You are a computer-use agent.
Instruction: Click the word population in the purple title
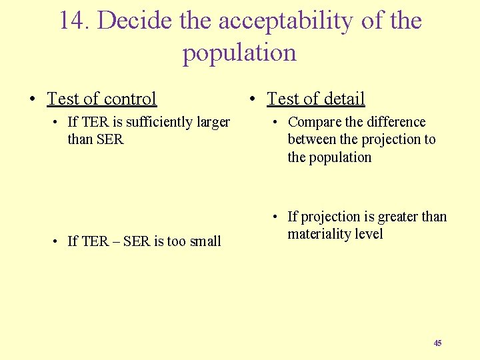click(239, 53)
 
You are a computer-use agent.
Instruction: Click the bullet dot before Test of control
click(32, 100)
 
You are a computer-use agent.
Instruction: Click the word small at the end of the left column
click(204, 241)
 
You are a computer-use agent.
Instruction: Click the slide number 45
click(437, 343)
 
